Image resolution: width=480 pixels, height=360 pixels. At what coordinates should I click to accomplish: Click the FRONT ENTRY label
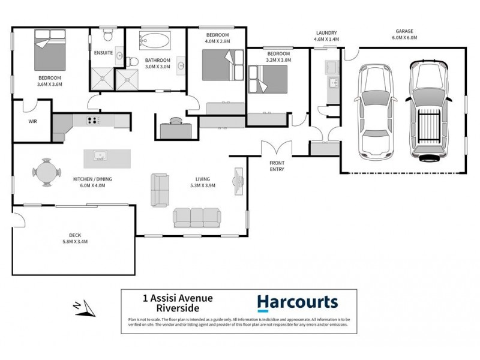[277, 166]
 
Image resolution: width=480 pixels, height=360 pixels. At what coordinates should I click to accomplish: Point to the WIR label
[33, 121]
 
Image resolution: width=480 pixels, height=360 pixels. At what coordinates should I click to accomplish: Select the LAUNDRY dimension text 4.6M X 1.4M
[326, 39]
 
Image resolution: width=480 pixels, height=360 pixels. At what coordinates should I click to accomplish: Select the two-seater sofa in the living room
[160, 189]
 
